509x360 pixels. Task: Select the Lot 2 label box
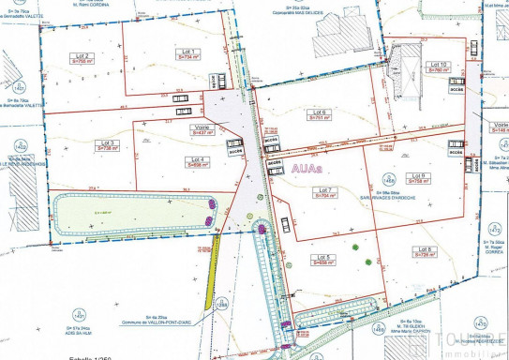pyautogui.click(x=82, y=58)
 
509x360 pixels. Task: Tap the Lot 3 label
pyautogui.click(x=108, y=145)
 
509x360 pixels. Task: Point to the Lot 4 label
pyautogui.click(x=198, y=162)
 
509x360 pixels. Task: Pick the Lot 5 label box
pyautogui.click(x=325, y=260)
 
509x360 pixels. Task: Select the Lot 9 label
pyautogui.click(x=418, y=178)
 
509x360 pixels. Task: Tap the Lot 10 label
pyautogui.click(x=437, y=67)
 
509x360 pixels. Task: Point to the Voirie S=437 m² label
pyautogui.click(x=202, y=130)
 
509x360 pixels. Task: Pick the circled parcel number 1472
pyautogui.click(x=221, y=307)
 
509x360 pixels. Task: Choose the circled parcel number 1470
pyautogui.click(x=377, y=329)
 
